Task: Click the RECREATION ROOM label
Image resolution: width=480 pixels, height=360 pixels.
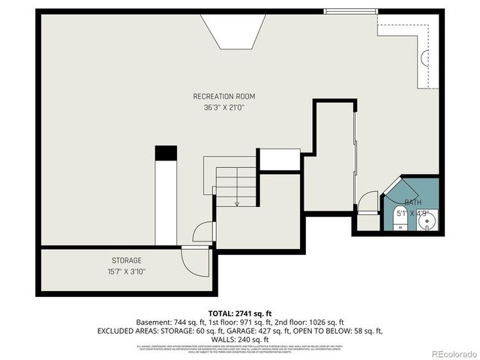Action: pos(223,96)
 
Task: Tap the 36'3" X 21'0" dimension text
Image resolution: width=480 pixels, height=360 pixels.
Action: pos(223,107)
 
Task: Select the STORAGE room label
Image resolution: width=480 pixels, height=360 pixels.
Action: pos(127,260)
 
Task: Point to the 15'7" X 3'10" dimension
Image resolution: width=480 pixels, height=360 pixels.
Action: pos(127,271)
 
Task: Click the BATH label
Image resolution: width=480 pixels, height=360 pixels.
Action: pos(412,202)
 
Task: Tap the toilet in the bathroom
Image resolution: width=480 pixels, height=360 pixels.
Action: pos(397,221)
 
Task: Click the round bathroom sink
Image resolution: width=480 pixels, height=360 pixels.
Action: pos(427,221)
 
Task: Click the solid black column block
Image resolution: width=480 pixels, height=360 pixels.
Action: pos(166,152)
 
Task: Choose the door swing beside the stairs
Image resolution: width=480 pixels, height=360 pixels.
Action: pos(205,232)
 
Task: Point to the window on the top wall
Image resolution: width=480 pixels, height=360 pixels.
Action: pos(349,11)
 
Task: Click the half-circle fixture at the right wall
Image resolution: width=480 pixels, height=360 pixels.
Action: pos(424,58)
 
